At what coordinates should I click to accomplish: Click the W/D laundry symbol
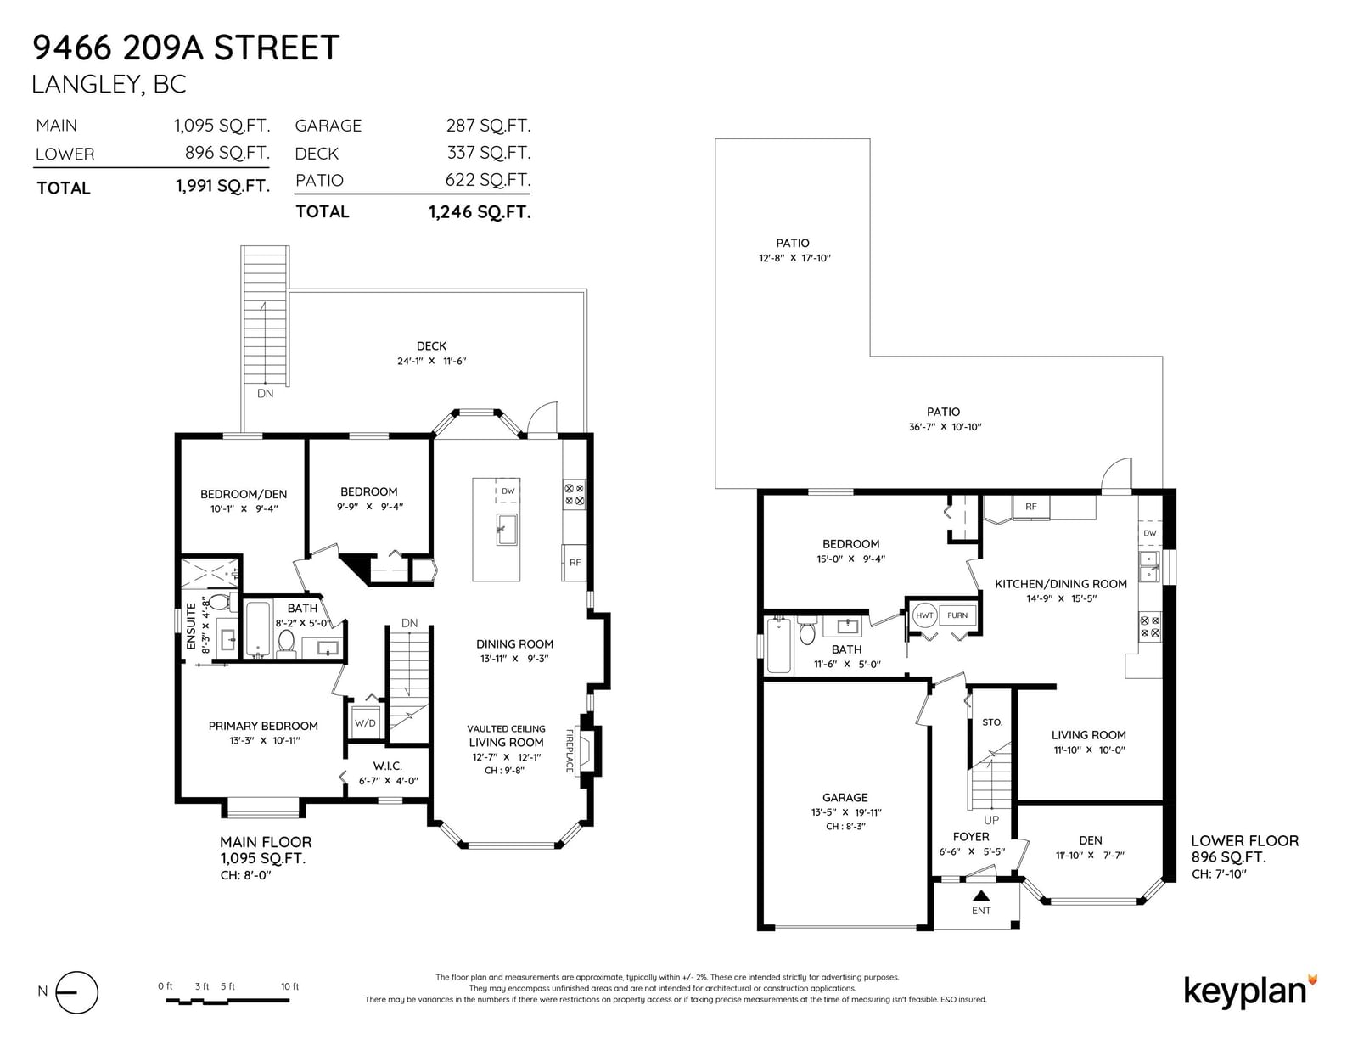click(x=365, y=723)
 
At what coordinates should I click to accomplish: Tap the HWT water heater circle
click(x=924, y=615)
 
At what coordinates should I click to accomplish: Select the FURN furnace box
click(x=957, y=615)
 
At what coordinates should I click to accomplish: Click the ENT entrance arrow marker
click(x=981, y=896)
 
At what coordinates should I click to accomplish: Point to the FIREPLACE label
click(x=570, y=750)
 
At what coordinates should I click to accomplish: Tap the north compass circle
click(x=77, y=992)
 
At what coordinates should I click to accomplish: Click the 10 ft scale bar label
click(x=290, y=986)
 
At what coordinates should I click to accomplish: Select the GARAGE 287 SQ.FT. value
click(x=488, y=126)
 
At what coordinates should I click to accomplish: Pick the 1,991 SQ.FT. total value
click(x=222, y=186)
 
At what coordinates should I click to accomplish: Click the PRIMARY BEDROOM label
click(x=263, y=726)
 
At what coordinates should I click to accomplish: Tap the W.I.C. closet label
click(x=388, y=766)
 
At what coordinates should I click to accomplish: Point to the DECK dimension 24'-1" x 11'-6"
click(x=432, y=361)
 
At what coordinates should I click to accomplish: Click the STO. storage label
click(x=992, y=722)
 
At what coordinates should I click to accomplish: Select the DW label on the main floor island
click(x=508, y=491)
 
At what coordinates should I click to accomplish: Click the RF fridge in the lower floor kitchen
click(x=1030, y=507)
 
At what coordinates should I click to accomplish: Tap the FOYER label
click(x=971, y=836)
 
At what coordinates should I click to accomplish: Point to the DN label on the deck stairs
click(x=265, y=394)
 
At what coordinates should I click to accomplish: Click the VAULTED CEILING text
click(x=506, y=729)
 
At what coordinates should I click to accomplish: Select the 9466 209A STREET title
click(x=186, y=48)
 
